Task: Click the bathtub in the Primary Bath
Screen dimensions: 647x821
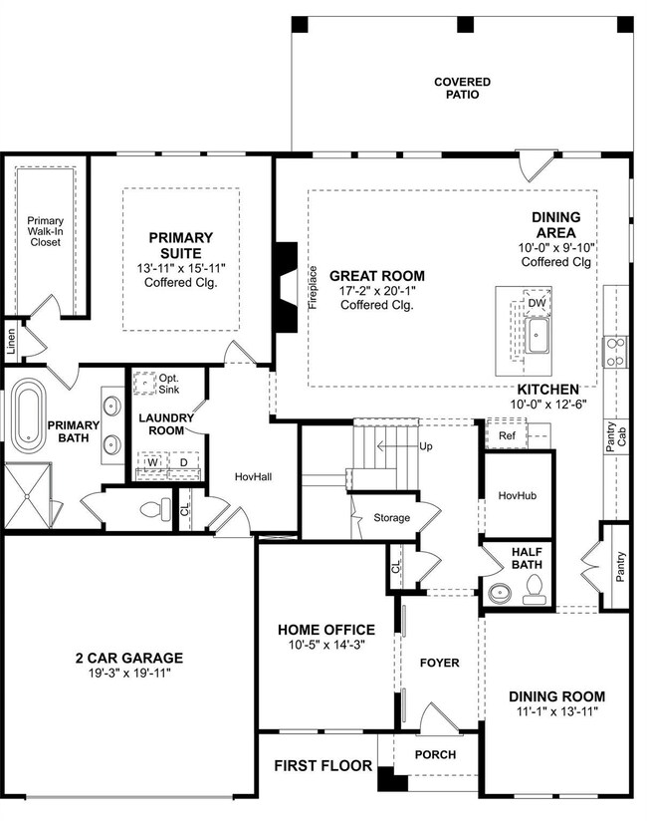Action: [29, 416]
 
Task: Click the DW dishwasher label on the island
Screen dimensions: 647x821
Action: [537, 303]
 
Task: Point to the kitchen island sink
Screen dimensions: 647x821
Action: [537, 335]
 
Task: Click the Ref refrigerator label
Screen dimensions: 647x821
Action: [507, 435]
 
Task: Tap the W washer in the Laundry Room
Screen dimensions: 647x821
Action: [152, 463]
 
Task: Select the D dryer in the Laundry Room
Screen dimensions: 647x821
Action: [183, 463]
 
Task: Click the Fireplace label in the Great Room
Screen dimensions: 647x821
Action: [313, 288]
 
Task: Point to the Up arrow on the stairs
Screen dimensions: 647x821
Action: [397, 446]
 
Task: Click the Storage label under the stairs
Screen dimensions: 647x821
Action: [392, 518]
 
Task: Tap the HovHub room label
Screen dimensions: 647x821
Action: [518, 495]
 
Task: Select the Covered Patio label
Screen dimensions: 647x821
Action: [463, 88]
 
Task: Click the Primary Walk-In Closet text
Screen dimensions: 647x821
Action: [45, 231]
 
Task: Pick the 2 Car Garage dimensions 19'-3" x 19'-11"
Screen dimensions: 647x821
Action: [129, 673]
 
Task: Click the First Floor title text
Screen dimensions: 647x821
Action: [323, 765]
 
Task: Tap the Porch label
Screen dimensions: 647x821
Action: [435, 754]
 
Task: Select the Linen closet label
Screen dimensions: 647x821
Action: [11, 342]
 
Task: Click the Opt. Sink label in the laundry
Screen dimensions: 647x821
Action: [169, 384]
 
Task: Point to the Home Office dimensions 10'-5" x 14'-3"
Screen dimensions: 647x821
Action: [326, 645]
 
